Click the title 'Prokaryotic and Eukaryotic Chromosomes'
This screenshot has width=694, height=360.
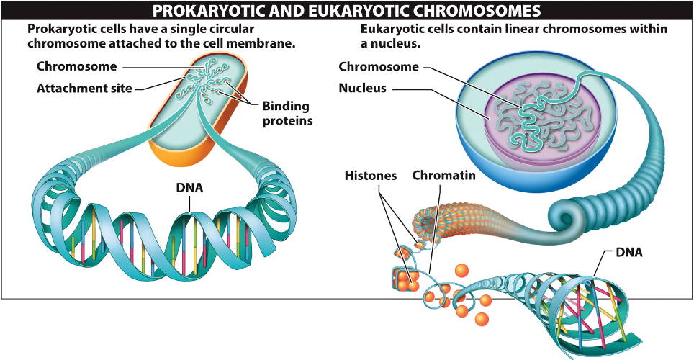[346, 10]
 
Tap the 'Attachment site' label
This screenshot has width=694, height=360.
[84, 89]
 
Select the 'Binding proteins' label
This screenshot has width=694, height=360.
[287, 114]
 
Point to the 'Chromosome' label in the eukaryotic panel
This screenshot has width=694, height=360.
[378, 67]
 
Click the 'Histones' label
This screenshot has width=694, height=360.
[371, 175]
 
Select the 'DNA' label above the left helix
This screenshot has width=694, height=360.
[189, 188]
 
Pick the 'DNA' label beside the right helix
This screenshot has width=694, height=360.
[628, 253]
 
